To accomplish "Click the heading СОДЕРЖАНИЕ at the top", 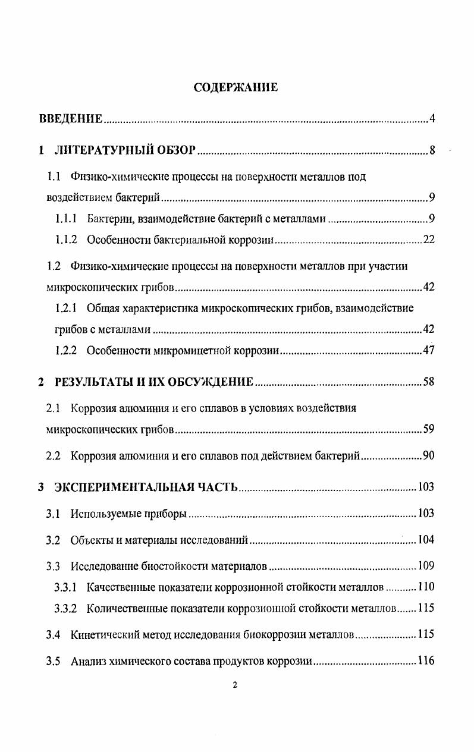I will [x=236, y=88].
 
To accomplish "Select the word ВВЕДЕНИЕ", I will [x=71, y=119].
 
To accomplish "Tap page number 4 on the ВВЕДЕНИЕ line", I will [x=432, y=119].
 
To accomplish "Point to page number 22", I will [x=428, y=240].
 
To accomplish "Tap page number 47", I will [x=428, y=351].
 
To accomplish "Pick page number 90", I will [x=428, y=457].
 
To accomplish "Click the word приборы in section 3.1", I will [x=167, y=514].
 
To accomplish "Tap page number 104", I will [x=426, y=540].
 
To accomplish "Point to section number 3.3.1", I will [x=66, y=587].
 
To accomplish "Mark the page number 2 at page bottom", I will [x=235, y=685].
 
